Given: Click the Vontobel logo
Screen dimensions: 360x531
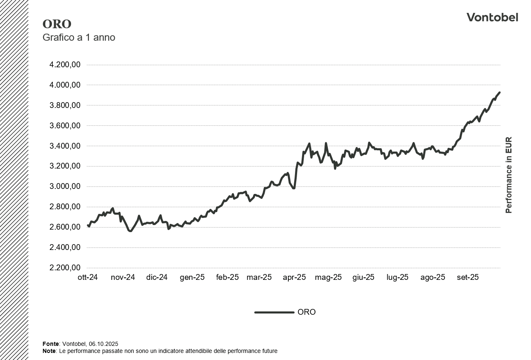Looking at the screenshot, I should [x=492, y=17].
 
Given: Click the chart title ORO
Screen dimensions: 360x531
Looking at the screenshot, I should [x=57, y=24].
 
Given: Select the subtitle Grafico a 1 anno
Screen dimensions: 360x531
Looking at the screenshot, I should [x=79, y=37].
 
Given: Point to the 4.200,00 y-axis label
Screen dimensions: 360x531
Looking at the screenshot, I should [x=64, y=65].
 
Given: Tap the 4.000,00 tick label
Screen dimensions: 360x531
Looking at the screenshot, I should [x=64, y=85].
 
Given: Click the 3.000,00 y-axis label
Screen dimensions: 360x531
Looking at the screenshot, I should [x=64, y=186].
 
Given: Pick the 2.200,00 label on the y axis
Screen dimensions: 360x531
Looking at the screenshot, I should [x=64, y=268].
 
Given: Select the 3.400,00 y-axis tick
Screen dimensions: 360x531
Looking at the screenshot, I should [x=64, y=146].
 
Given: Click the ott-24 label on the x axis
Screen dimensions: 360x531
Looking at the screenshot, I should [x=88, y=277].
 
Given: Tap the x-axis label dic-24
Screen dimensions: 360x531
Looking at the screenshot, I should [x=157, y=277].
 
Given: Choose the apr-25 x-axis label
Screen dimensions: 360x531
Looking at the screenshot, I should [x=294, y=277].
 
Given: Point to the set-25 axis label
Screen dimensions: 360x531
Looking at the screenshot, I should [x=468, y=277].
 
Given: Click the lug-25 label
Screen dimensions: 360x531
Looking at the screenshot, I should [x=398, y=277].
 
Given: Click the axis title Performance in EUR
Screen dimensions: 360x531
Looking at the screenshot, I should [x=509, y=175].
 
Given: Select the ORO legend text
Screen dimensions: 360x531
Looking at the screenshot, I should [x=307, y=312].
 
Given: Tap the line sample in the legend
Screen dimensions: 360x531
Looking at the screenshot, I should [x=274, y=312].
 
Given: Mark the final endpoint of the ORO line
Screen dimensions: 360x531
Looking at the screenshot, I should [x=499, y=93].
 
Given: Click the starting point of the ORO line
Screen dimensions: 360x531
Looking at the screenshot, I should [x=88, y=225].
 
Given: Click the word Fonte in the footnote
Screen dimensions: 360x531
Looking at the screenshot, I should [x=51, y=344].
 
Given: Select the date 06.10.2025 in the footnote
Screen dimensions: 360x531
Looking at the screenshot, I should [x=104, y=344].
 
